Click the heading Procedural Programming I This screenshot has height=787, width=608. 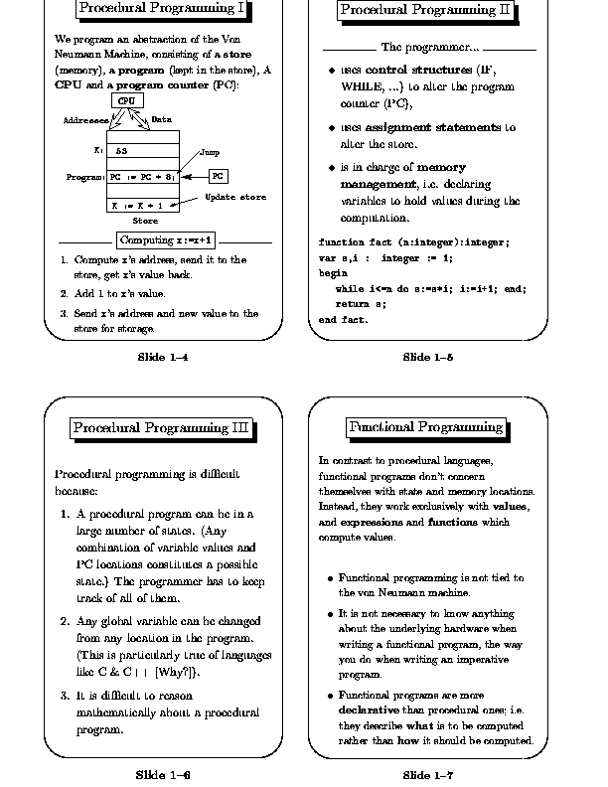point(162,10)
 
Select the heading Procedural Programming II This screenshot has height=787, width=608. point(425,11)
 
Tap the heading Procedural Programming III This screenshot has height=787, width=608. point(161,428)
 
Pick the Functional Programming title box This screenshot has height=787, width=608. point(425,427)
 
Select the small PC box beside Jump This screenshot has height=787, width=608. point(219,176)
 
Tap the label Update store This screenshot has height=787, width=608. point(235,197)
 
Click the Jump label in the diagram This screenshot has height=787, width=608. point(210,153)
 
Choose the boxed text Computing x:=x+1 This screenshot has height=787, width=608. point(167,240)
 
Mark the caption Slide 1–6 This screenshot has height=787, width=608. point(163,773)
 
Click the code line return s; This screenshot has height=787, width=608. point(360,304)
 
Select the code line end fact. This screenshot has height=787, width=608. point(343,320)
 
